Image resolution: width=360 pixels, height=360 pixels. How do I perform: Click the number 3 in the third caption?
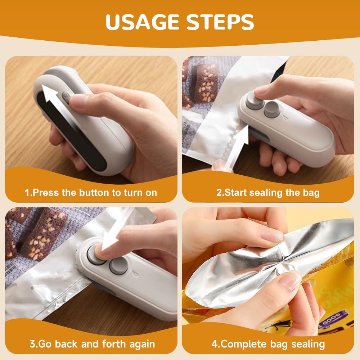click(x=32, y=344)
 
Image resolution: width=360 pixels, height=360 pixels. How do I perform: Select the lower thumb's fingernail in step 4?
click(x=290, y=281)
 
